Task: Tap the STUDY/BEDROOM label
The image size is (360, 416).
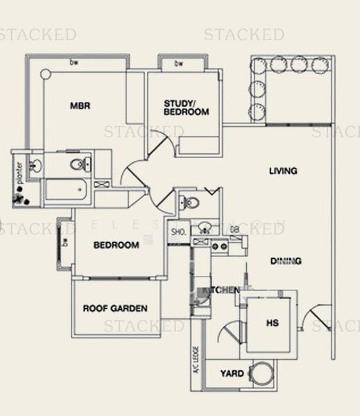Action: point(186,107)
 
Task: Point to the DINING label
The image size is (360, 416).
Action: point(285,261)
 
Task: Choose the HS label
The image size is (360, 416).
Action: point(271,322)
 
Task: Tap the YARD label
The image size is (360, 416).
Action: point(232,374)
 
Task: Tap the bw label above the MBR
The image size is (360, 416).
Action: point(73,63)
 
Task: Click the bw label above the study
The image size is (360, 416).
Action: point(178,64)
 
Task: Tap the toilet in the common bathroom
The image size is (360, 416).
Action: point(189,202)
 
